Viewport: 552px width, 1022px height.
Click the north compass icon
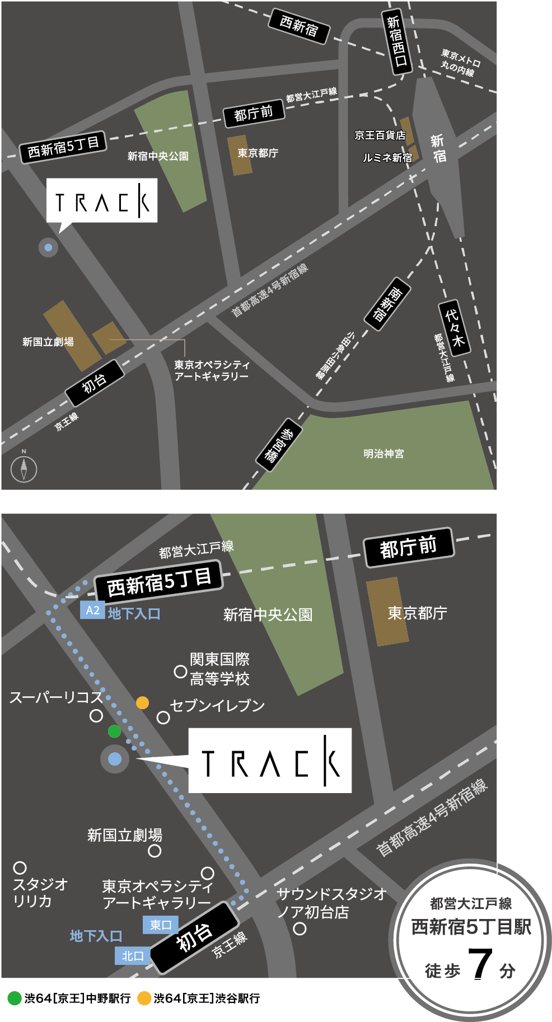click(x=24, y=469)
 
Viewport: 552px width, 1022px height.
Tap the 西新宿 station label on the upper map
click(x=298, y=26)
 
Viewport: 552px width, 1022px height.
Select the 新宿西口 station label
click(x=396, y=41)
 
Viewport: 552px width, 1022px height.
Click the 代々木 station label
click(x=454, y=328)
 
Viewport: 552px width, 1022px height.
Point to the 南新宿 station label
click(x=387, y=304)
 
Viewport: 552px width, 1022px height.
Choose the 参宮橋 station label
click(x=279, y=445)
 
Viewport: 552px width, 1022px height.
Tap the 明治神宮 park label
click(x=383, y=454)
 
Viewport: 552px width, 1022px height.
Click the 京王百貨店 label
click(x=380, y=135)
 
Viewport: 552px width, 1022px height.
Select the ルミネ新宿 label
click(x=387, y=158)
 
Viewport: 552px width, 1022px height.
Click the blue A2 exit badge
click(x=92, y=610)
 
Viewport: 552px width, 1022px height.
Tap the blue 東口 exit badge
click(x=160, y=925)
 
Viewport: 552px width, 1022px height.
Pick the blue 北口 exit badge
click(x=133, y=956)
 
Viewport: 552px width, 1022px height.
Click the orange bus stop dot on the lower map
click(x=143, y=702)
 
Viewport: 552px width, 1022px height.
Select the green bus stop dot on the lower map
click(x=114, y=731)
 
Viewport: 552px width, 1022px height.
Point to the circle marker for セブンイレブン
click(x=163, y=718)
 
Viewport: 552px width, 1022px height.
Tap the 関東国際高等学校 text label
click(x=219, y=669)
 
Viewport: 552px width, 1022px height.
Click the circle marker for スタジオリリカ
click(x=20, y=868)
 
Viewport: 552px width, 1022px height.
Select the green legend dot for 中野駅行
click(x=15, y=998)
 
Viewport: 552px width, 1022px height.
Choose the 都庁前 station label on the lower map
click(x=409, y=547)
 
